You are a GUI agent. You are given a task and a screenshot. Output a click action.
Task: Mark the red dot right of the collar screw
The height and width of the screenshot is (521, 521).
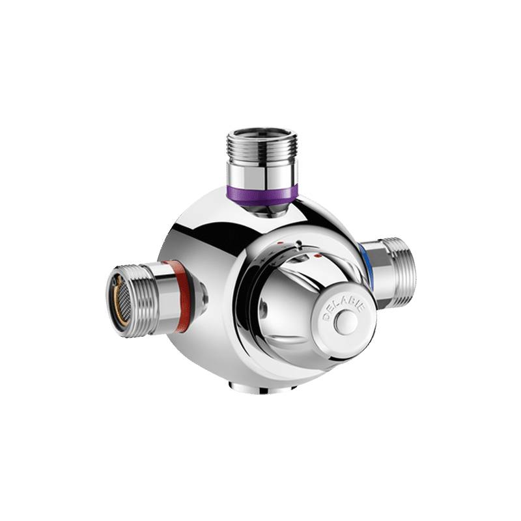(317, 259)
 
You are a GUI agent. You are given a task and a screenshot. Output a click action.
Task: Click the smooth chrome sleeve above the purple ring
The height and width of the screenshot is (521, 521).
(262, 172)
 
